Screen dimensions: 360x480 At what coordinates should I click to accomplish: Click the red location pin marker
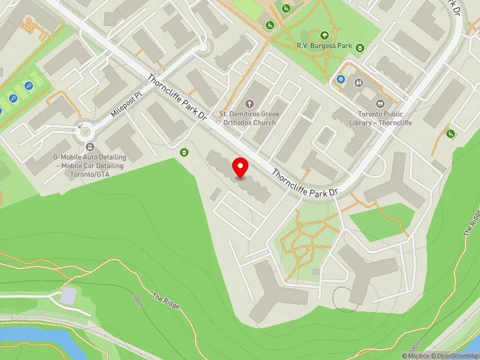tap(241, 167)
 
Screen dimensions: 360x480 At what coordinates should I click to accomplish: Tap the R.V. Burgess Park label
tap(324, 46)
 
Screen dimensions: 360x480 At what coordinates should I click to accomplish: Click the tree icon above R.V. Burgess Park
tap(325, 35)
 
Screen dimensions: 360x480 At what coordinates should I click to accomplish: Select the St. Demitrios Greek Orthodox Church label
tap(248, 118)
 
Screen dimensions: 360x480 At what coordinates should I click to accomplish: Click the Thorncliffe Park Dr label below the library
tap(306, 183)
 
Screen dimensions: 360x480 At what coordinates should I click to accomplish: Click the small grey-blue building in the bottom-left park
tap(69, 295)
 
